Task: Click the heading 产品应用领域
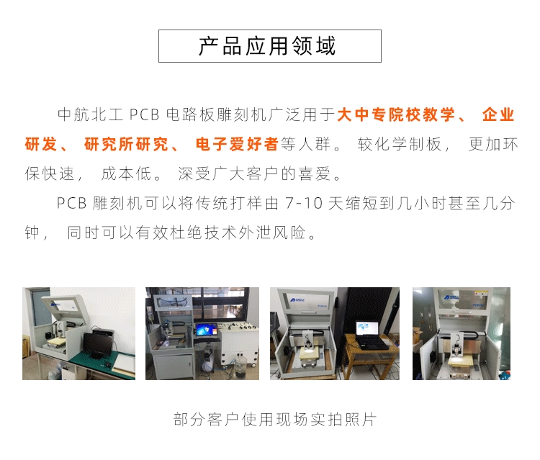(x=267, y=46)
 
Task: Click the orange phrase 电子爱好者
(x=237, y=144)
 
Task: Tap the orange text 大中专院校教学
(x=396, y=114)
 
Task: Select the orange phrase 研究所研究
(x=127, y=144)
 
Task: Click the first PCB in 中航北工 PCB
(x=144, y=114)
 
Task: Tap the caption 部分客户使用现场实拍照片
(x=275, y=420)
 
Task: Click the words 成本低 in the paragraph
(x=127, y=173)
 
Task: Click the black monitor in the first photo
(x=96, y=345)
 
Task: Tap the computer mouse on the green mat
(x=108, y=364)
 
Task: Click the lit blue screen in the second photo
(x=206, y=330)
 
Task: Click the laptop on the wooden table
(x=371, y=335)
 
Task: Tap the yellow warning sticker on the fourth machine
(x=479, y=294)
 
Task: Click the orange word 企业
(x=498, y=114)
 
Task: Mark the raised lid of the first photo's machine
(x=66, y=306)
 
